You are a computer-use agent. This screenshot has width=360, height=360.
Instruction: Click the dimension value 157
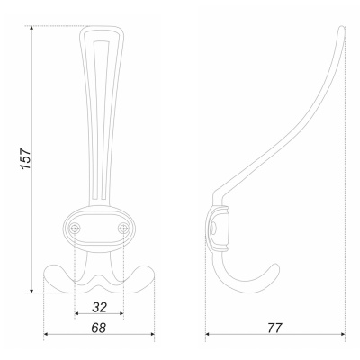pyautogui.click(x=26, y=158)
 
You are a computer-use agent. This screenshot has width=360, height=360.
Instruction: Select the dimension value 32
pyautogui.click(x=100, y=307)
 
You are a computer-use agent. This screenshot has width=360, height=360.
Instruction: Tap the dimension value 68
pyautogui.click(x=99, y=328)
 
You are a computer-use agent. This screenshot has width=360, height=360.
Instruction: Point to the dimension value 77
pyautogui.click(x=274, y=328)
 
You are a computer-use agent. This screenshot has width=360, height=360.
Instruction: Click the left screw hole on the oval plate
pyautogui.click(x=75, y=229)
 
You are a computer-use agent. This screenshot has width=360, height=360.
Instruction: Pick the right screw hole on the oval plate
pyautogui.click(x=123, y=229)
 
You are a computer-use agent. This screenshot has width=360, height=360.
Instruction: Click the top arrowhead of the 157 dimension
pyautogui.click(x=31, y=29)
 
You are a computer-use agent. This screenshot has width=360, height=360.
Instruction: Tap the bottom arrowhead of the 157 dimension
pyautogui.click(x=31, y=290)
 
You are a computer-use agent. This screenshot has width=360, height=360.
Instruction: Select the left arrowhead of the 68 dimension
pyautogui.click(x=47, y=334)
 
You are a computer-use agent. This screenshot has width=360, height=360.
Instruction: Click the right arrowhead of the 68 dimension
pyautogui.click(x=151, y=334)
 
